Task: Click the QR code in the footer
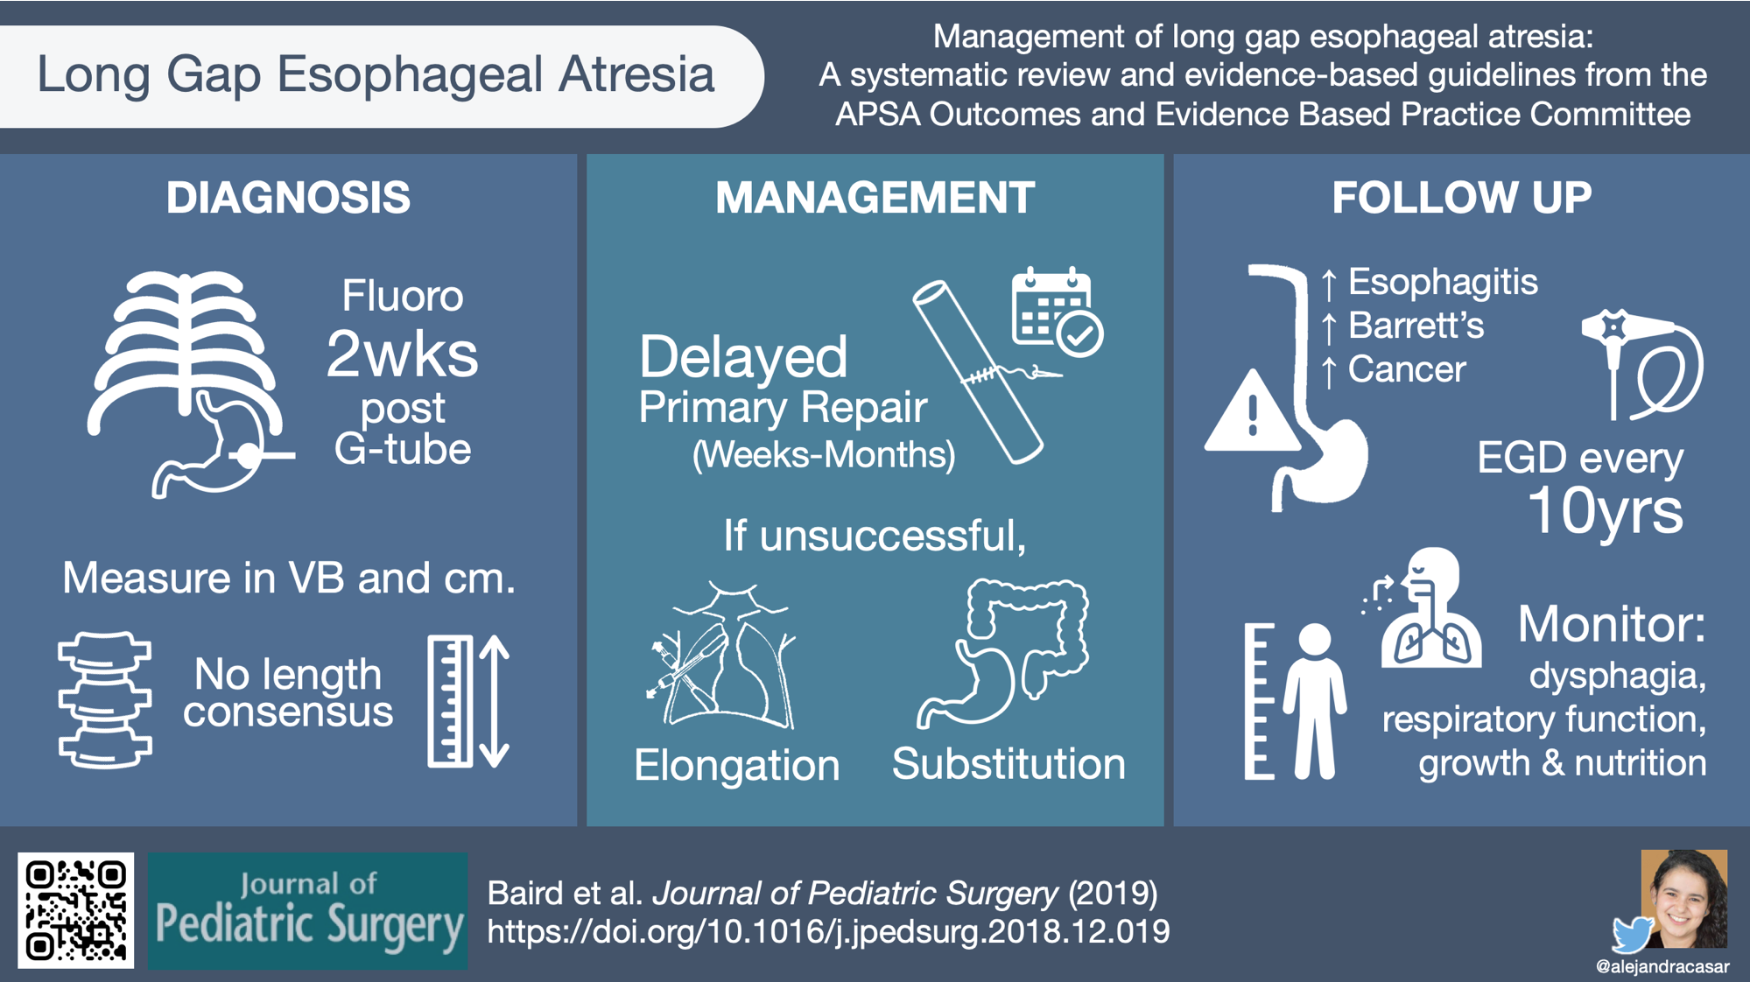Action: point(76,910)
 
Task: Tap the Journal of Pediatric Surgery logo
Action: point(307,910)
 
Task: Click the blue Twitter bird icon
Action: point(1633,935)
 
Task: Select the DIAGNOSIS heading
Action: point(288,197)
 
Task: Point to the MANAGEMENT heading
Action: point(875,197)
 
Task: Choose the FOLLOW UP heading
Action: point(1461,197)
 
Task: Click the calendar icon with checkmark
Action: point(1057,312)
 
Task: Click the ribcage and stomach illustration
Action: point(189,385)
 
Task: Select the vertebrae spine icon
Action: point(105,700)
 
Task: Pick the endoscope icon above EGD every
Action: point(1641,363)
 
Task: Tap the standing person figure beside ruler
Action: point(1314,700)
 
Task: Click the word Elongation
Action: point(736,765)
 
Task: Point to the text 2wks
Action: point(402,354)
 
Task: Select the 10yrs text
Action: point(1605,510)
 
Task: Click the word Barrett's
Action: point(1416,326)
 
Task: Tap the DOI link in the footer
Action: point(828,931)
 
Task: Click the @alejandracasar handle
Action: point(1662,967)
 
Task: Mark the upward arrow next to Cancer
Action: point(1329,371)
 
